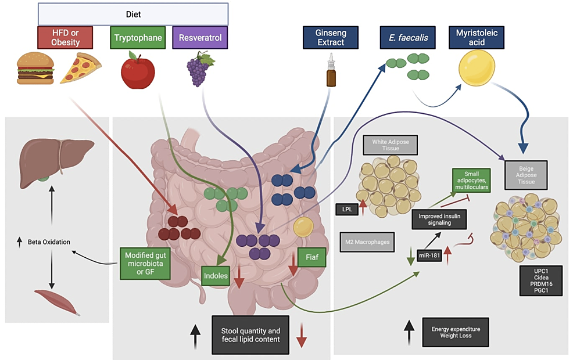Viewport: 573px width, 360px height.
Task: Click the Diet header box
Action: click(133, 14)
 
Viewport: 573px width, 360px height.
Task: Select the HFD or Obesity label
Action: click(66, 37)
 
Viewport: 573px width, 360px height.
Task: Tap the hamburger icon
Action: click(35, 69)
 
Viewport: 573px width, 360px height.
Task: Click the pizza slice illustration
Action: click(81, 68)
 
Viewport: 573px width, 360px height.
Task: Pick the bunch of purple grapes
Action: click(197, 68)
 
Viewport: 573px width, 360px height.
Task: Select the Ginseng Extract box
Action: click(331, 37)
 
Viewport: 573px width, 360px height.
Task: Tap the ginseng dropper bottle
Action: click(331, 73)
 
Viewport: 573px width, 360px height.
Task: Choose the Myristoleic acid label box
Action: click(476, 37)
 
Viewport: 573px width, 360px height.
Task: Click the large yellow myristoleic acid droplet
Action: click(477, 68)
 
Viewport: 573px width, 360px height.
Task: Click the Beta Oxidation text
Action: click(47, 241)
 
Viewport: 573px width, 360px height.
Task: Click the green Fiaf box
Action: click(311, 256)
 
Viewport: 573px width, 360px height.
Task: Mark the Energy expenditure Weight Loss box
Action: click(456, 332)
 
